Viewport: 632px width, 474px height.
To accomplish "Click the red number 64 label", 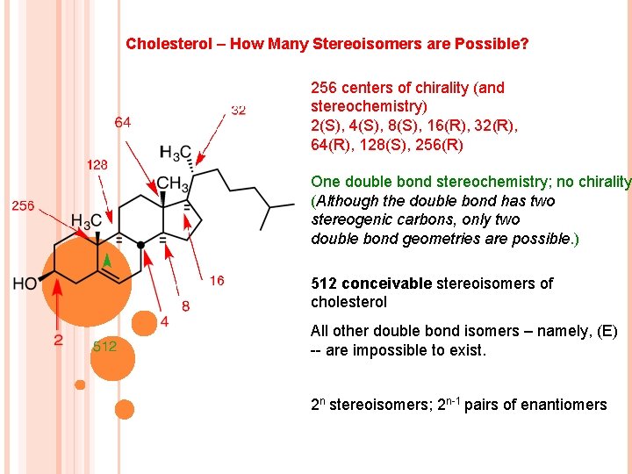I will [x=123, y=123].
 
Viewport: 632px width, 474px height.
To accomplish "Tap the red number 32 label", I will [x=239, y=110].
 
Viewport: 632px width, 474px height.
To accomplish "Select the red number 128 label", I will [x=97, y=164].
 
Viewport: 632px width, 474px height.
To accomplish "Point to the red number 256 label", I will [x=23, y=205].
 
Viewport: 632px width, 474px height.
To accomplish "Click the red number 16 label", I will [x=217, y=281].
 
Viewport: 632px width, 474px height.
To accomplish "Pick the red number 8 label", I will [x=185, y=305].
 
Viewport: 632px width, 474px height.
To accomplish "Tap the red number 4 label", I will [x=164, y=322].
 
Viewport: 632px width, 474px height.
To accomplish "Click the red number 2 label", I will [x=58, y=340].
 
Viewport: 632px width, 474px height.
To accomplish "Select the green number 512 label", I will [x=104, y=346].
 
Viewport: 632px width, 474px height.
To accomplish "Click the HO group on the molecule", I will [x=25, y=283].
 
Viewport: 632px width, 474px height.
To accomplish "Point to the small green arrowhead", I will [x=106, y=259].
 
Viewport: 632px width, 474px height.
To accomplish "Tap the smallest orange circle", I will [x=80, y=384].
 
